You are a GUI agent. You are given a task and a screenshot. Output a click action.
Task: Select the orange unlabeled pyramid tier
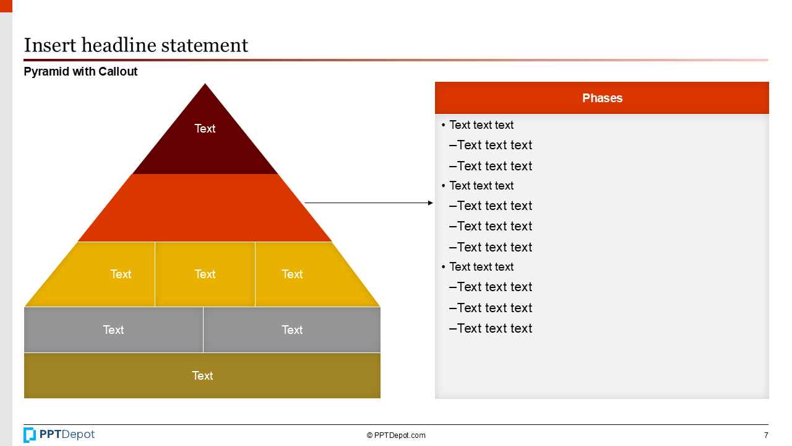[x=205, y=208]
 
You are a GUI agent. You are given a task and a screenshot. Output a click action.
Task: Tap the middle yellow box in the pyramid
[x=205, y=274]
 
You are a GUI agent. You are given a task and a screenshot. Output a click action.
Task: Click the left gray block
[x=113, y=330]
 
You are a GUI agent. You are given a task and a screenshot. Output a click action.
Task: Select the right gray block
[x=291, y=330]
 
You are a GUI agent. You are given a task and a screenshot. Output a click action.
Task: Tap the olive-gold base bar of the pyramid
[x=202, y=375]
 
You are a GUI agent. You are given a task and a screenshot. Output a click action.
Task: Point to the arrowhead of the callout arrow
[x=431, y=203]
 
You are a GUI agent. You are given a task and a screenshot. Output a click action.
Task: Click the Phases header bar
[x=601, y=98]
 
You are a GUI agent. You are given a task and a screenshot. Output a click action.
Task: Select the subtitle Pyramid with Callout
[x=80, y=72]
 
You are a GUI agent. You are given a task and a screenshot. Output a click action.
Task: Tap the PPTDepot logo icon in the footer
[x=30, y=435]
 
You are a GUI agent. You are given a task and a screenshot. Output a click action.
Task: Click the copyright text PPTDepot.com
[x=396, y=435]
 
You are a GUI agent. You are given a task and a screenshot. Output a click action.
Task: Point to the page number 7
[x=766, y=435]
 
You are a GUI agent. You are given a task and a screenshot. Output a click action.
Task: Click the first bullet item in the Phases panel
[x=481, y=125]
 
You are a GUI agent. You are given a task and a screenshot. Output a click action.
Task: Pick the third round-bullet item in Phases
[x=481, y=267]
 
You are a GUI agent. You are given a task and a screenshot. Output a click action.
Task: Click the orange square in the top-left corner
[x=6, y=6]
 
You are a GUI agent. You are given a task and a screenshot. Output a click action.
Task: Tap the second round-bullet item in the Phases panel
[x=481, y=186]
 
